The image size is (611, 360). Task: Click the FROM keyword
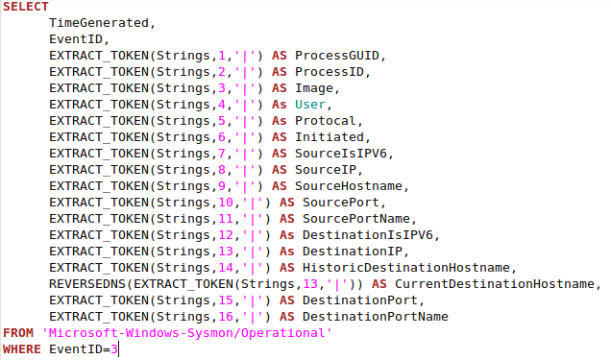[x=18, y=332]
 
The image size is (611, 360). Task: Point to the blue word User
[x=310, y=103]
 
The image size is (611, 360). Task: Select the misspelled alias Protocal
[x=326, y=119]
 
